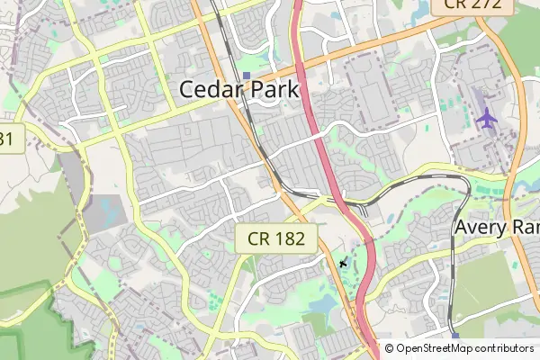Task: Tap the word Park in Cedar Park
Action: coord(272,90)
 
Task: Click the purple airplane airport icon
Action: coord(487,117)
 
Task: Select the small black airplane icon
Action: coord(343,263)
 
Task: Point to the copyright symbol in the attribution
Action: coord(390,348)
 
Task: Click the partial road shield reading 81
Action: coord(7,139)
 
